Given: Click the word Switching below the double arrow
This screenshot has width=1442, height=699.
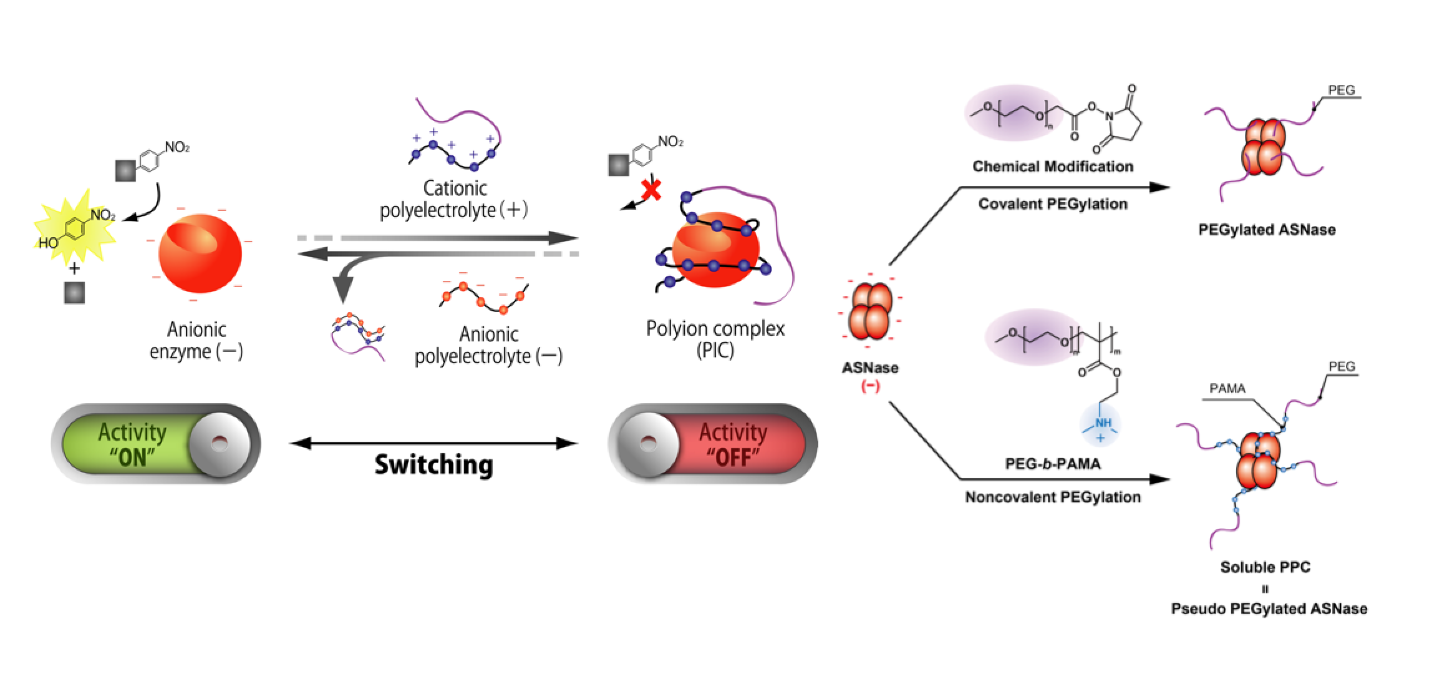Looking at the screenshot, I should [433, 465].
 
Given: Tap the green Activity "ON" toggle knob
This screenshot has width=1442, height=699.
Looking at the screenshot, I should [220, 444].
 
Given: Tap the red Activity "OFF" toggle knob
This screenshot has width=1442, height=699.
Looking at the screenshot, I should [649, 444].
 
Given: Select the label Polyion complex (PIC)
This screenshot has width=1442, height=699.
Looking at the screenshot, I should [715, 339].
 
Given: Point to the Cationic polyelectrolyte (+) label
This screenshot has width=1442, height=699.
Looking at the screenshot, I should [454, 199].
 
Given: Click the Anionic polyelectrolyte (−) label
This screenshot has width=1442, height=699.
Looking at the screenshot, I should [489, 345].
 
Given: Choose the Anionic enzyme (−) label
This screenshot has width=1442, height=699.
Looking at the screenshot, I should [196, 340].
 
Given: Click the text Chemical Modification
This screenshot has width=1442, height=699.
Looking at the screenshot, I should [1053, 167].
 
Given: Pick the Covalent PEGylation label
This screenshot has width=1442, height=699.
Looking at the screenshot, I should [1053, 204].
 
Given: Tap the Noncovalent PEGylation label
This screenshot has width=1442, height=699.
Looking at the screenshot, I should [1053, 497].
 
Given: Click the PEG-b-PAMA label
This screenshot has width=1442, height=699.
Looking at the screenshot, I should [1053, 464].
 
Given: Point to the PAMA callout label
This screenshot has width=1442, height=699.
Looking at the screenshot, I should [1227, 389].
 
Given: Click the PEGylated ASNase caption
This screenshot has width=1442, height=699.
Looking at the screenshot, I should [1267, 230].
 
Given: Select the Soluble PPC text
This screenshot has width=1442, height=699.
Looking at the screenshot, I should [1265, 567].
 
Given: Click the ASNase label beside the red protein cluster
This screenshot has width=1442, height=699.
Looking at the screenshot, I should [870, 368].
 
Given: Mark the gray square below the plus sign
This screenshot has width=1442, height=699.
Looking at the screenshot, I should [74, 293].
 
